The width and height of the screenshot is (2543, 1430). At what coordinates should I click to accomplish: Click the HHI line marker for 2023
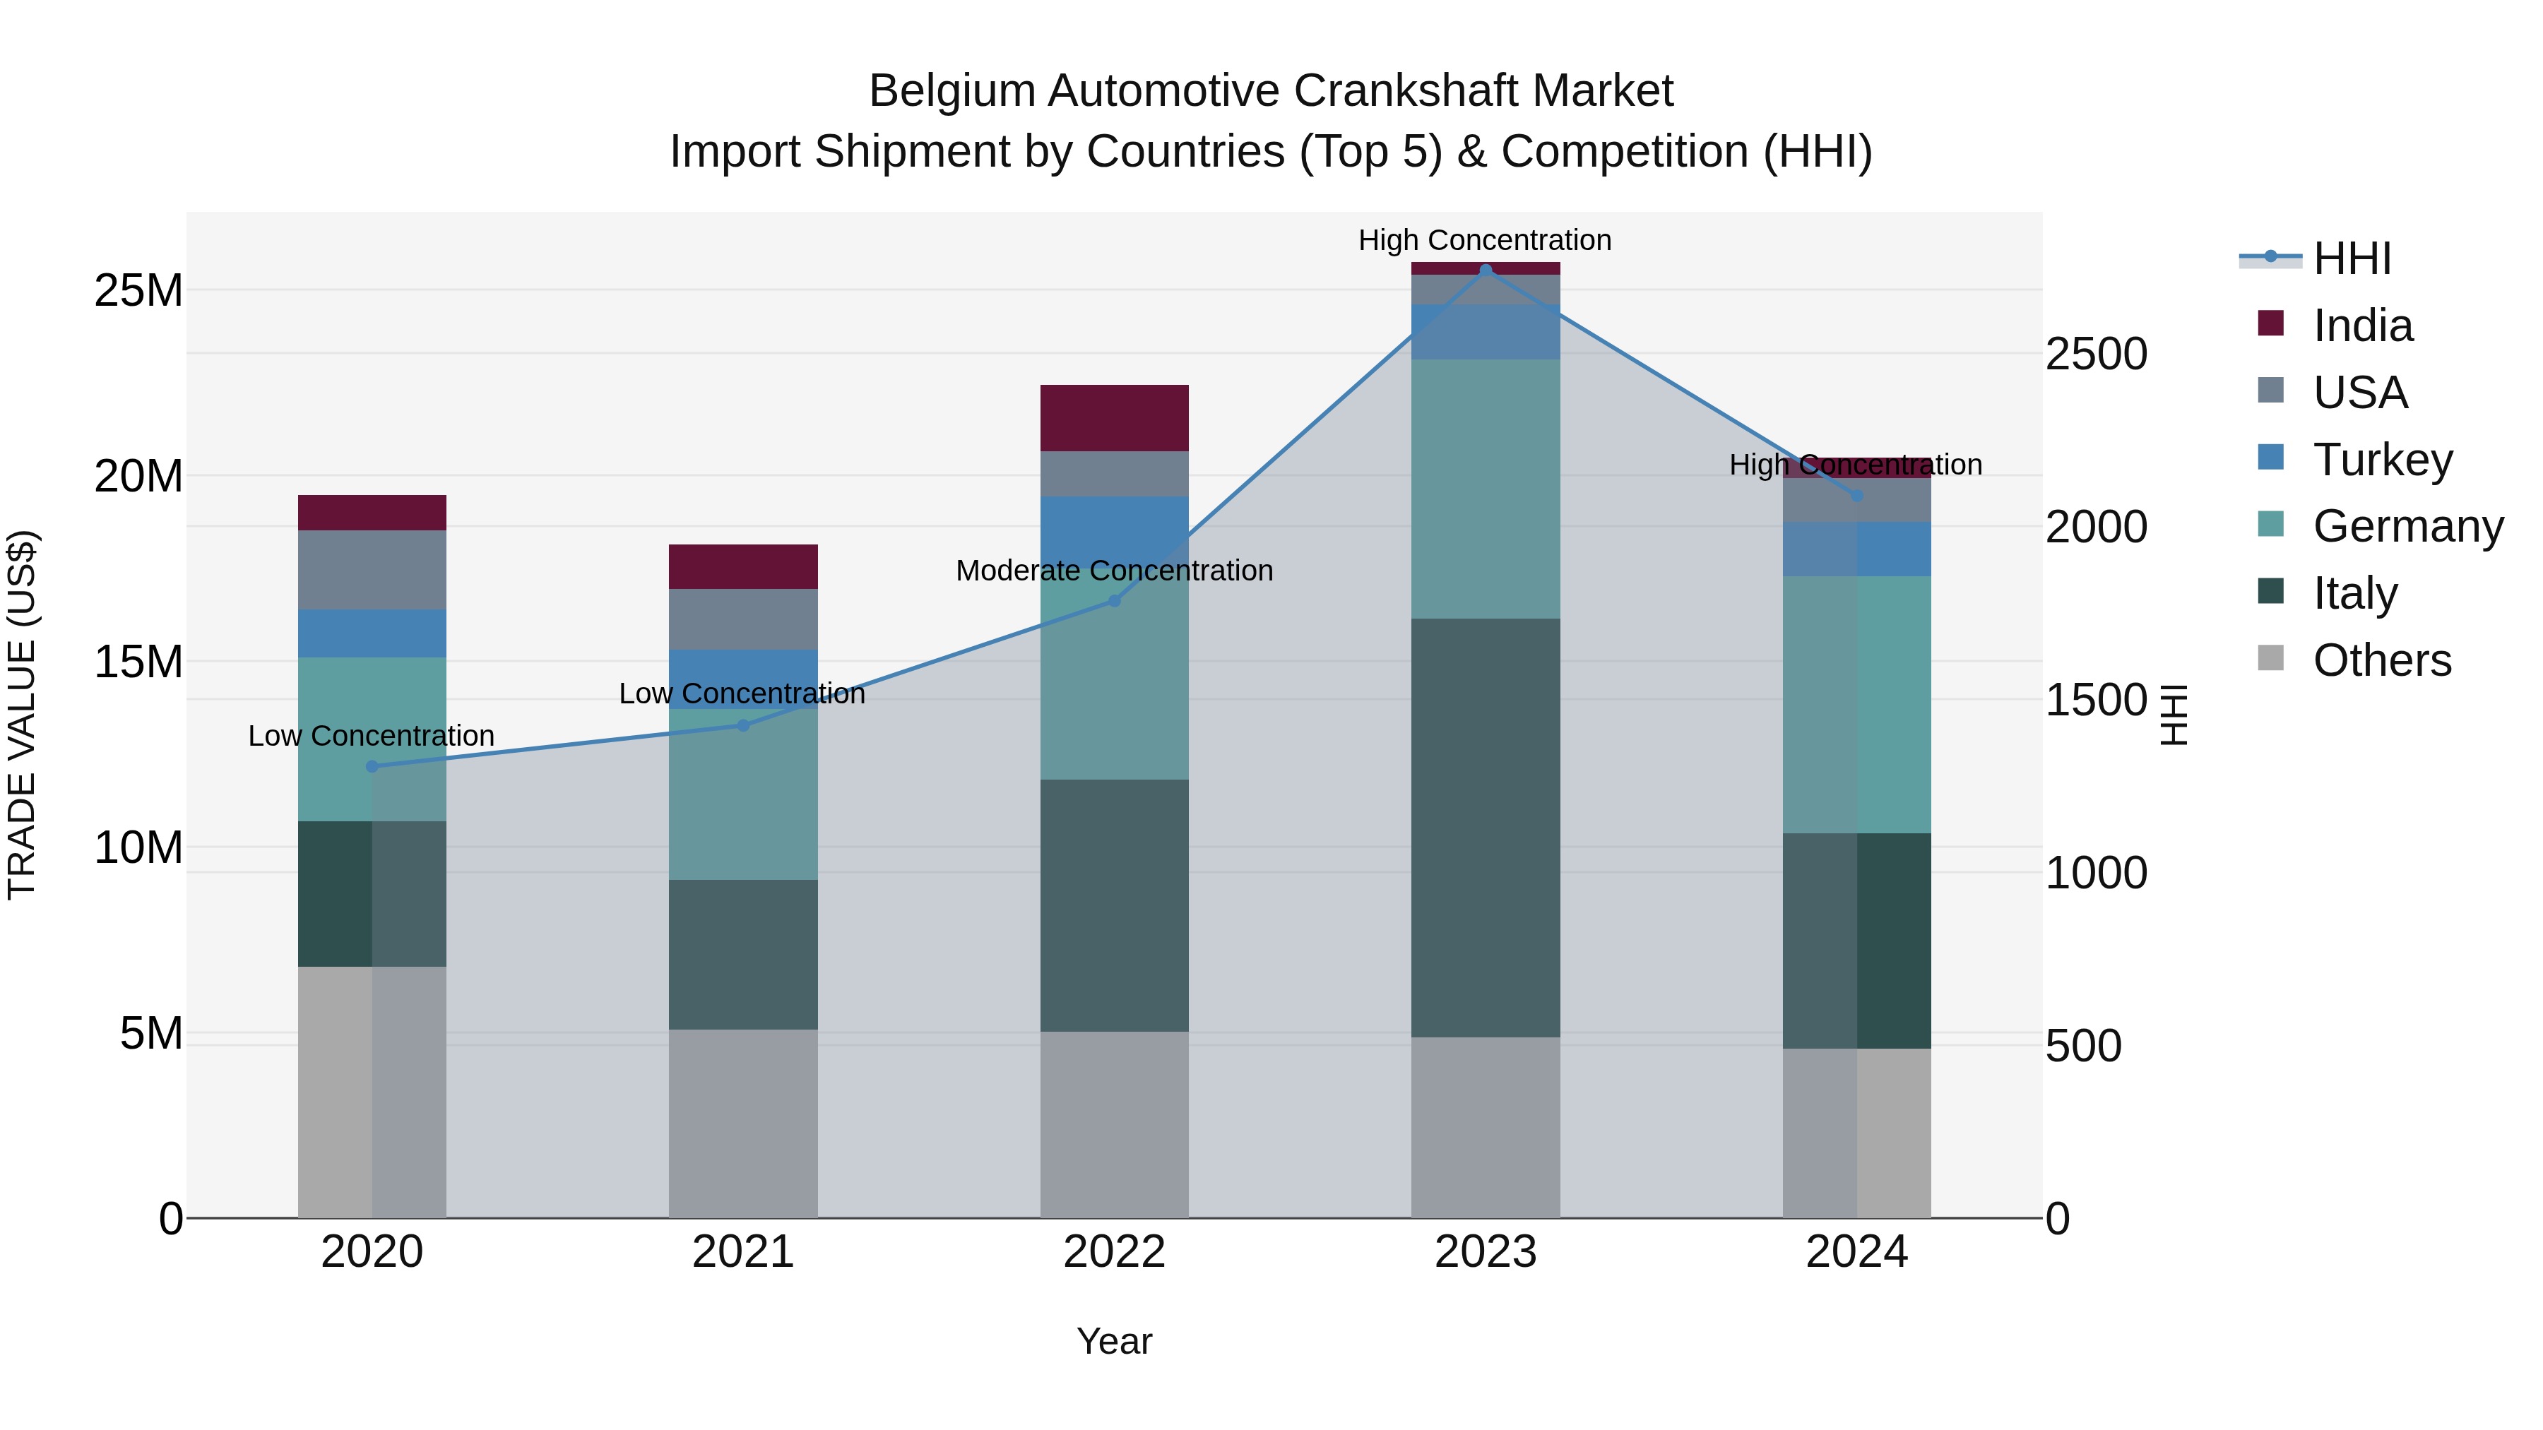[x=1486, y=270]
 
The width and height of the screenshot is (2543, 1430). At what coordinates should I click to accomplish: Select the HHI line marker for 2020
[x=372, y=765]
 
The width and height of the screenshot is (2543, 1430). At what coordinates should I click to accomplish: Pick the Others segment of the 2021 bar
[x=743, y=1123]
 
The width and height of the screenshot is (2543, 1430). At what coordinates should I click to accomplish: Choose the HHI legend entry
[x=2349, y=258]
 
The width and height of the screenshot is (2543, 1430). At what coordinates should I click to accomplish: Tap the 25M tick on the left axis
[x=138, y=291]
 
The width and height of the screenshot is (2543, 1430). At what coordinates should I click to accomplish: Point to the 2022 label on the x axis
[x=1115, y=1252]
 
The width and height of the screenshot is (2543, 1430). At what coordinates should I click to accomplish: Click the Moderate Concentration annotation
[x=1115, y=571]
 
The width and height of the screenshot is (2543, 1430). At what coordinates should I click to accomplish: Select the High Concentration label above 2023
[x=1485, y=240]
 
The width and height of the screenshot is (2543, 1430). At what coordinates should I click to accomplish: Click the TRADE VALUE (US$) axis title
[x=23, y=715]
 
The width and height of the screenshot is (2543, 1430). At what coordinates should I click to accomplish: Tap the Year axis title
[x=1115, y=1341]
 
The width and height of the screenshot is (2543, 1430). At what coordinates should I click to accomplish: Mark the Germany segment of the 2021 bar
[x=743, y=794]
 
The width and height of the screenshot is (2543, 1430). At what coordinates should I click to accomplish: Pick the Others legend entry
[x=2381, y=660]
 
